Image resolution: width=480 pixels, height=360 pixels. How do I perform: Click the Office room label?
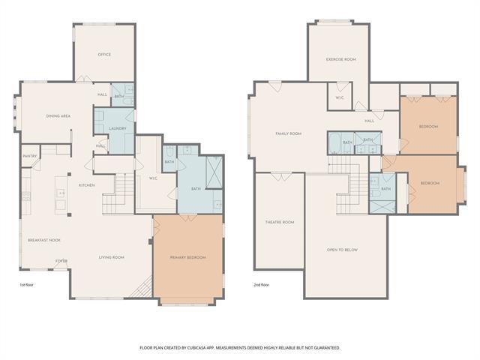pyautogui.click(x=104, y=55)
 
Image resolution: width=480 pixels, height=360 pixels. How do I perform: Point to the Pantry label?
pyautogui.click(x=30, y=156)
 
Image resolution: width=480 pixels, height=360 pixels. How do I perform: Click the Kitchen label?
pyautogui.click(x=86, y=184)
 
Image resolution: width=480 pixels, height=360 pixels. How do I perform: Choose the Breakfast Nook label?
pyautogui.click(x=44, y=240)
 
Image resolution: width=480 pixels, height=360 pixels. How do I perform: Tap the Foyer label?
pyautogui.click(x=61, y=261)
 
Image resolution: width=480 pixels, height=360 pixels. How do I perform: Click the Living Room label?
pyautogui.click(x=112, y=257)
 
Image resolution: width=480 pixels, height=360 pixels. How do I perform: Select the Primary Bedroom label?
pyautogui.click(x=187, y=257)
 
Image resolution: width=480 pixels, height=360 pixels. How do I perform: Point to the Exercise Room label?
pyautogui.click(x=340, y=58)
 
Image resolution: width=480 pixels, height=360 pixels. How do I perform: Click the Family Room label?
pyautogui.click(x=288, y=133)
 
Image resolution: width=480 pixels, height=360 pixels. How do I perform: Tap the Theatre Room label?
pyautogui.click(x=280, y=223)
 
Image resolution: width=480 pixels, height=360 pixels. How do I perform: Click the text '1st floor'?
pyautogui.click(x=27, y=285)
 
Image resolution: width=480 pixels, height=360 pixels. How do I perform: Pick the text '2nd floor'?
pyautogui.click(x=262, y=285)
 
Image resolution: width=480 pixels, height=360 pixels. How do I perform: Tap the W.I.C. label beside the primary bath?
pyautogui.click(x=153, y=178)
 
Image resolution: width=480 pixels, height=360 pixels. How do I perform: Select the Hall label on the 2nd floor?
pyautogui.click(x=369, y=121)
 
